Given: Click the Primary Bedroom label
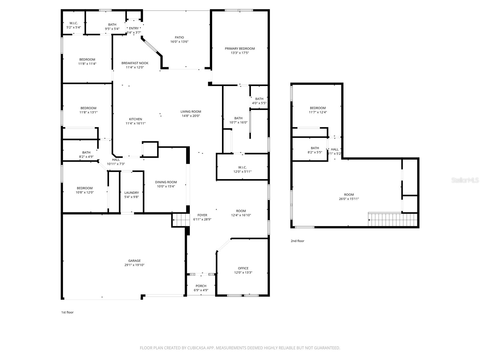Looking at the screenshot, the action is pos(240,49).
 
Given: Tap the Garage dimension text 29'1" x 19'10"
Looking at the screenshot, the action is pos(134,265).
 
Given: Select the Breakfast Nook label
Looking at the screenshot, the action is pos(135,63).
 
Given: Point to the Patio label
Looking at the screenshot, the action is pos(179,37).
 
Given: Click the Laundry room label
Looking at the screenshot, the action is pos(131,193).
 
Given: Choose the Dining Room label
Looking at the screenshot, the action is pos(166,182).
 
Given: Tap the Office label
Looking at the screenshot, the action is pos(243,268).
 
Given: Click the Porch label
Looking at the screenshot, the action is pos(201,286).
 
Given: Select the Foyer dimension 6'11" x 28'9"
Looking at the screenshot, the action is pos(202,219).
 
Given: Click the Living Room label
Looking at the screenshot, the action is pos(191,112).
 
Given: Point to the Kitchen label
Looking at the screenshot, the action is pos(135,119).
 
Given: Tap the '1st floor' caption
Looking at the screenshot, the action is pos(67,312).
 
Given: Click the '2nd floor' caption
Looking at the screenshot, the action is pos(297,241).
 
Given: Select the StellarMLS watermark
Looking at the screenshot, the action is pos(465,180).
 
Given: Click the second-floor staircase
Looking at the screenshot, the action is pos(393,219).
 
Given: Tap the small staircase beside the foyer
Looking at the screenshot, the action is pos(181,220).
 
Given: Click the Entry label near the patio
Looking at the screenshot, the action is pos(134,28).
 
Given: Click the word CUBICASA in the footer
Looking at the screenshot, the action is pos(196,348).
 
